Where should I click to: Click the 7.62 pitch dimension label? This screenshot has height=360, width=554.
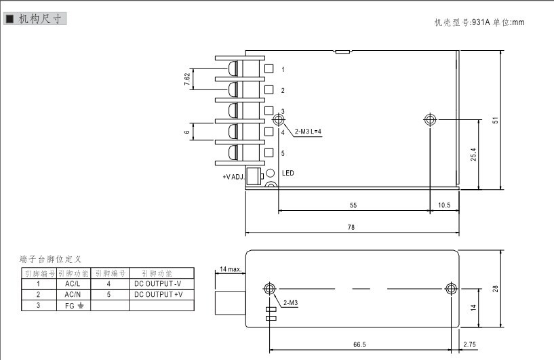[x=187, y=79]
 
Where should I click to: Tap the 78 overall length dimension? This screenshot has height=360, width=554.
[x=351, y=228]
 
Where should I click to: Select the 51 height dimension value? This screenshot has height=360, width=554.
[x=496, y=120]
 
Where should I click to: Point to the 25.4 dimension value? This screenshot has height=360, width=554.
[x=473, y=155]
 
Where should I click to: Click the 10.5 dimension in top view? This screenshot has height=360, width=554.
[x=444, y=205]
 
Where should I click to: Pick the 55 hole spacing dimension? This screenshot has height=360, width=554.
[x=353, y=205]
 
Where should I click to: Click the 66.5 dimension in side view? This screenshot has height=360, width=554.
[x=360, y=344]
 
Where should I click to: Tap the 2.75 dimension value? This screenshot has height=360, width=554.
[x=470, y=344]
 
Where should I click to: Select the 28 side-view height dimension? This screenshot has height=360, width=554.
[x=496, y=289]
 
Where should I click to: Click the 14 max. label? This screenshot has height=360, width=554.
[x=230, y=269]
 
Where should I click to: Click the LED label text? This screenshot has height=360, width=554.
[x=288, y=174]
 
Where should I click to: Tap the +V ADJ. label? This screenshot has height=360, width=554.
[x=233, y=177]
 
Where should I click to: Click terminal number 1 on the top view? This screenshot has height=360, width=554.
[x=283, y=70]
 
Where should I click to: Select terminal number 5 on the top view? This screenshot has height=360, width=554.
[x=283, y=153]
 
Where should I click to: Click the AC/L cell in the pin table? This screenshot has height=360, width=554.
[x=73, y=284]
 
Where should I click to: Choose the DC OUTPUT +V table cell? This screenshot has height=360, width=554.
[x=159, y=295]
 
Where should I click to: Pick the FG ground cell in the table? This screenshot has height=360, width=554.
[x=73, y=306]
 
